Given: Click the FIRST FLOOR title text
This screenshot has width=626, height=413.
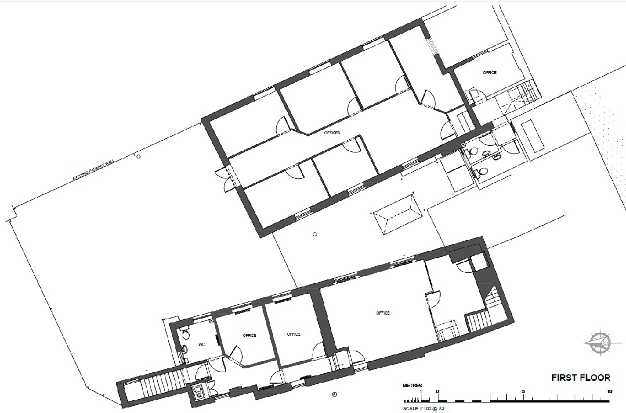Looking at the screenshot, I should coord(581,378).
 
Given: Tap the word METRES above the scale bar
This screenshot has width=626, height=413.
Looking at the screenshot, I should coord(412,385).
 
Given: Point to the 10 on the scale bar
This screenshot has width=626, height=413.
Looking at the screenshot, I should coord(609,391).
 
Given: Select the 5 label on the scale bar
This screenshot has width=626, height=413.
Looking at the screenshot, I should coord(523,391).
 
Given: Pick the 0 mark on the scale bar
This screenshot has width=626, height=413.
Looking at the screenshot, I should coord(437,391).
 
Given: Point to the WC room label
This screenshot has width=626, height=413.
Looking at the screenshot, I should coord(202,345).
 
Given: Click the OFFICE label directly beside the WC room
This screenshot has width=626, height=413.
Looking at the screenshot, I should coord(249,335).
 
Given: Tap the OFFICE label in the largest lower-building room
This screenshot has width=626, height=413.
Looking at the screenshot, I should coord(383,313).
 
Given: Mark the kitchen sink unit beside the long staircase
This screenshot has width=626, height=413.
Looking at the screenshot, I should coord(197,392).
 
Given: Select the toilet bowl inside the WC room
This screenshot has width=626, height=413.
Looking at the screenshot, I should coord(186,335).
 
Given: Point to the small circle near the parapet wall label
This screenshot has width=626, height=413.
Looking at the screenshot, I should coord(138,157).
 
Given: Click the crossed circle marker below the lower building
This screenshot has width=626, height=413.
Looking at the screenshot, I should coord(334,394).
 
